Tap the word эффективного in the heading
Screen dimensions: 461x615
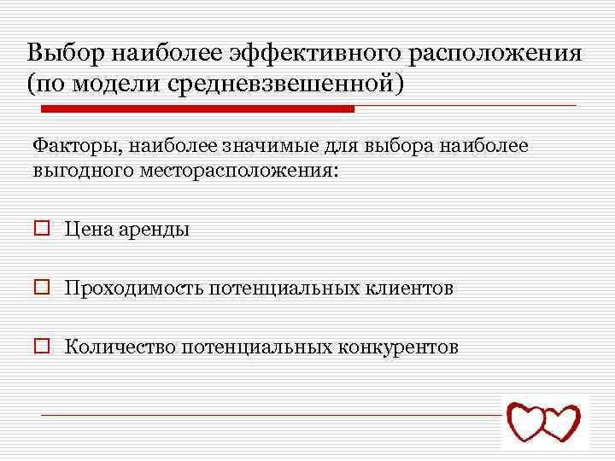(314, 54)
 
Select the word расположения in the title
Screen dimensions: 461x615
(495, 54)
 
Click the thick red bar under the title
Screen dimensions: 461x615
(198, 109)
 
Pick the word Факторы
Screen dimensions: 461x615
(76, 147)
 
